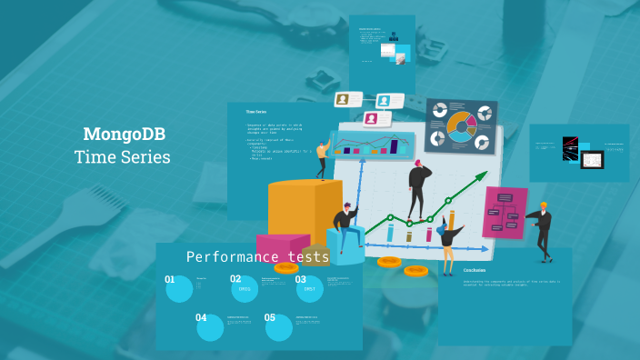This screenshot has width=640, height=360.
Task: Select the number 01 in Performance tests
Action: click(170, 280)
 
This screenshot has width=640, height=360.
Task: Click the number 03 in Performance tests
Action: click(301, 280)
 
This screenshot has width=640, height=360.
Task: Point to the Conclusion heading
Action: click(475, 270)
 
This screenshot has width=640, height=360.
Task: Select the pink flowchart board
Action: click(505, 212)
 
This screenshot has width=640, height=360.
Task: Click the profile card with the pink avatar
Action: click(377, 118)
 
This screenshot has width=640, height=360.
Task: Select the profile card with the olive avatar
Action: click(347, 99)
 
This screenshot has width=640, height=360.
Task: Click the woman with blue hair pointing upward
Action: click(450, 244)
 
